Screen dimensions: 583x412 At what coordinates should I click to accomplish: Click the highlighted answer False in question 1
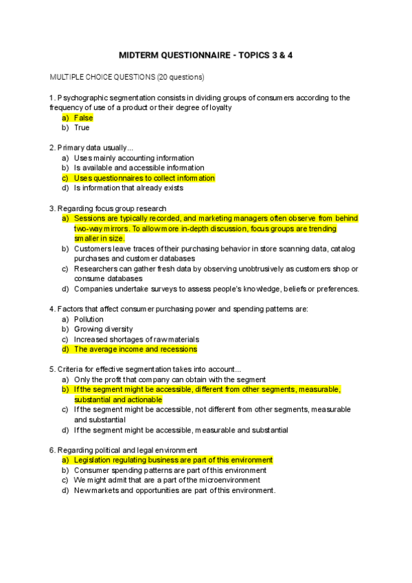coord(83,118)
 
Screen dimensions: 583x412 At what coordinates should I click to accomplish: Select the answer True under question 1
coord(82,128)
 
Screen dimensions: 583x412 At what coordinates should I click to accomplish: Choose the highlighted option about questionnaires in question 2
coord(144,178)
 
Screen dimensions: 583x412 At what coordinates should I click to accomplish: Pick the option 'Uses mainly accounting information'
coord(134,158)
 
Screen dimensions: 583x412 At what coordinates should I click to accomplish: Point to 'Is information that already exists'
coord(129,188)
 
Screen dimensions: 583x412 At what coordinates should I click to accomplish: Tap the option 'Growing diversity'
coord(103,329)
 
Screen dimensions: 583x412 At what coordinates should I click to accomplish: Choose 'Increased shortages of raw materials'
coord(137,340)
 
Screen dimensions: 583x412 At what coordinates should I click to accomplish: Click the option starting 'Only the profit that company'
coord(170,379)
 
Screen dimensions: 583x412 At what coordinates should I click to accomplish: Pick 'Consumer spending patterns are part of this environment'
coord(170,470)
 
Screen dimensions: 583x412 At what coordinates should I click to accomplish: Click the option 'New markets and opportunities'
coord(174,490)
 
